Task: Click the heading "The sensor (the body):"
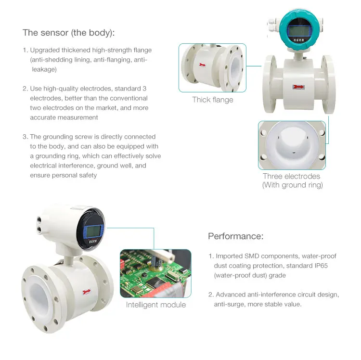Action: point(69,33)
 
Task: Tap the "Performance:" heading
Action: point(235,236)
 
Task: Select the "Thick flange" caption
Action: point(212,100)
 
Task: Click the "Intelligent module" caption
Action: point(155,305)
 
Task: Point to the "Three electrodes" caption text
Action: point(291,177)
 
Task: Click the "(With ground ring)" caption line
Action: point(292,185)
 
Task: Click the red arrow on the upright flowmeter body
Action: point(298,87)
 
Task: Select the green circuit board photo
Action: point(155,273)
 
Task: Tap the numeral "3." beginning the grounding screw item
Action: point(25,137)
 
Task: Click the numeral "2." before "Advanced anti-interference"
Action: point(211,295)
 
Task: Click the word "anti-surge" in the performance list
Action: point(230,304)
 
